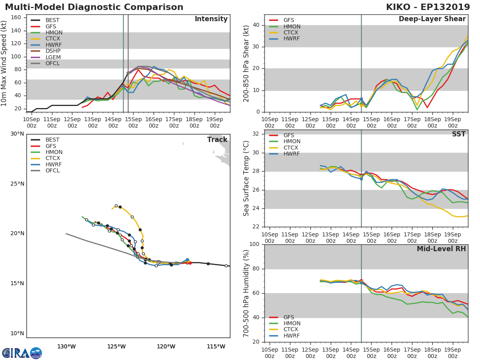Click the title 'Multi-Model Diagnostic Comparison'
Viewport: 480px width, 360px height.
click(x=94, y=7)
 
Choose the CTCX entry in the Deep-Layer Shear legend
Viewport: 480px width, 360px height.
click(x=292, y=33)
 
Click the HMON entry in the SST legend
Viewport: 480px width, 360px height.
click(x=292, y=142)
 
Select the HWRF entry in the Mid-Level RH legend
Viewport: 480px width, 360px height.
click(x=292, y=336)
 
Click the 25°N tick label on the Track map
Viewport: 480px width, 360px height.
click(x=17, y=184)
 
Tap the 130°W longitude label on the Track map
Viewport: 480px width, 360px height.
click(x=66, y=347)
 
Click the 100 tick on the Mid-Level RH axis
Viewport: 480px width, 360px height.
click(x=254, y=244)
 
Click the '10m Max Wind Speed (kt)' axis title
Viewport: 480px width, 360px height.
click(x=5, y=63)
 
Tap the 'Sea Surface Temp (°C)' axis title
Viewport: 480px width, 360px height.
click(x=246, y=178)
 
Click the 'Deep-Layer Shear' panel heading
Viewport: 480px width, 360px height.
click(x=432, y=19)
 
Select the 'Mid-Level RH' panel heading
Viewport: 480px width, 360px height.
click(x=441, y=249)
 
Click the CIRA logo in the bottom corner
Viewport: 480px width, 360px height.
click(x=22, y=353)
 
